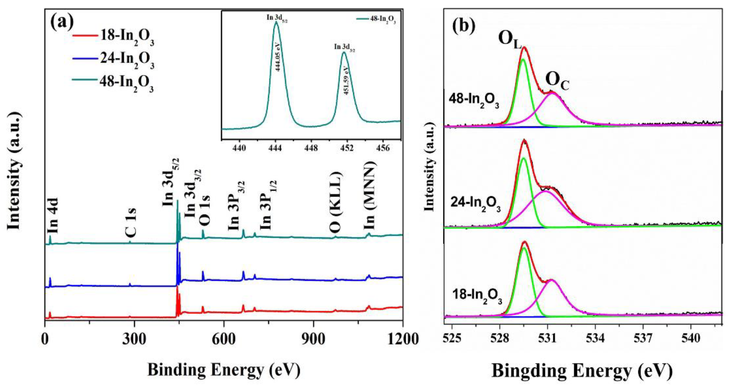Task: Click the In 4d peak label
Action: (x=53, y=215)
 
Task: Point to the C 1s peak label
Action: (x=131, y=223)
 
